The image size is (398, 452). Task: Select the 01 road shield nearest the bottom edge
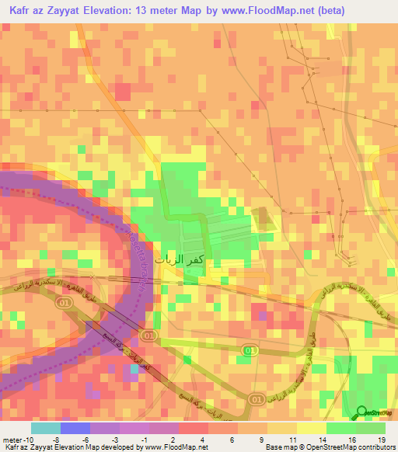tap(256, 398)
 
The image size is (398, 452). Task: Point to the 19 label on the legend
tap(381, 439)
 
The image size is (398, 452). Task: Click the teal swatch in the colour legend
tap(46, 428)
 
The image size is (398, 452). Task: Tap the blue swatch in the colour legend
tap(75, 428)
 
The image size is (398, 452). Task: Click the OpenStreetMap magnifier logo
tap(363, 414)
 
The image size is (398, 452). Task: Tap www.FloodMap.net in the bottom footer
tap(172, 447)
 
